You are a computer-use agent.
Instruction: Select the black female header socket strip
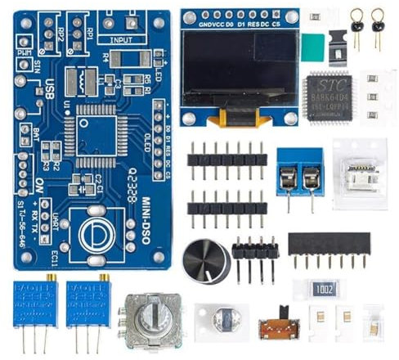coord(329,244)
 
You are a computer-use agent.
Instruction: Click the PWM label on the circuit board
coord(25,52)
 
